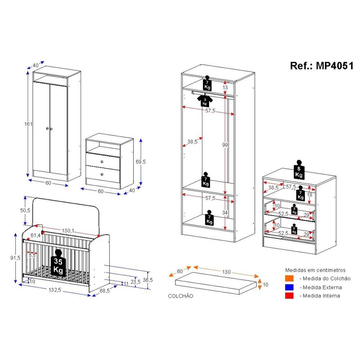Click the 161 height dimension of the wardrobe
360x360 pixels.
click(x=29, y=124)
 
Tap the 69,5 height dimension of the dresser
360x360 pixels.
click(x=141, y=162)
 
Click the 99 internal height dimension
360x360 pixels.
click(x=225, y=145)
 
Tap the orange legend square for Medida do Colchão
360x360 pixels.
click(x=289, y=278)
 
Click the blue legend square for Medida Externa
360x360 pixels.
click(x=289, y=287)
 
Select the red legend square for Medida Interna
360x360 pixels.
click(x=289, y=296)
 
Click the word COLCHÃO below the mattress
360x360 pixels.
click(x=180, y=296)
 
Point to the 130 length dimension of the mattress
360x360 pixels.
click(x=226, y=272)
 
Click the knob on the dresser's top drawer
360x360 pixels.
click(x=103, y=161)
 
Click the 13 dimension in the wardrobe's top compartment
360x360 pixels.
click(x=225, y=87)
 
